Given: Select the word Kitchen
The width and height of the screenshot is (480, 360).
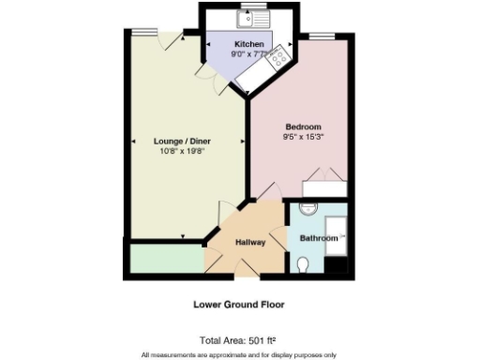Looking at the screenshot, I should (248, 45).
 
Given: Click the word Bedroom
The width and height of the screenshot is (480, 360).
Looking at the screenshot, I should (304, 127).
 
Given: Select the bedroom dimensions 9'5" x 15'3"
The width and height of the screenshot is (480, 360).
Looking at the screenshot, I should (304, 138).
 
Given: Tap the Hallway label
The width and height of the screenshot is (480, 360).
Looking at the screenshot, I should (249, 243).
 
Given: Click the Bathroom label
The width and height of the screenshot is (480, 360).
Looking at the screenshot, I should (318, 238).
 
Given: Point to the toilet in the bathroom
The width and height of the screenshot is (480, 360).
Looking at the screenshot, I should (302, 267).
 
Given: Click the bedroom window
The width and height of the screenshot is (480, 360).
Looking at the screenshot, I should (323, 37).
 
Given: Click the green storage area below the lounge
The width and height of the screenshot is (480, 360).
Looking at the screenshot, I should (164, 259).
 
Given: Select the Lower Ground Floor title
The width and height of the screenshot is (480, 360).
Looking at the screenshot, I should (239, 305).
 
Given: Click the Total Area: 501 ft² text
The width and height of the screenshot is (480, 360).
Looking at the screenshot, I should (239, 340).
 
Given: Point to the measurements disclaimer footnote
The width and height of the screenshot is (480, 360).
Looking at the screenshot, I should (239, 354).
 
